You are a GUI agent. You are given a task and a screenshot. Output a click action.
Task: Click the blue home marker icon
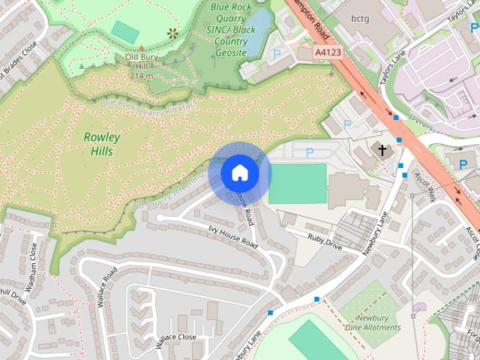coord(239,173)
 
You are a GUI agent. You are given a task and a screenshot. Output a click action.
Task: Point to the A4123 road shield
coord(327,53)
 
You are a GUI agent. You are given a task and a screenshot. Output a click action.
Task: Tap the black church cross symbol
coord(382,151)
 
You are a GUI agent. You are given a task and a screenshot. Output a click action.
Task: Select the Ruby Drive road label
coord(324,241)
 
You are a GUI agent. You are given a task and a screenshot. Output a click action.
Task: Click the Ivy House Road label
coord(232,235)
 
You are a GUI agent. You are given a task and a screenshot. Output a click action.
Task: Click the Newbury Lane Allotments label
coord(373,322)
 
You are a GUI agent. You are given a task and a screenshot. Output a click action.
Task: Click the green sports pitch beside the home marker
coord(298,184)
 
